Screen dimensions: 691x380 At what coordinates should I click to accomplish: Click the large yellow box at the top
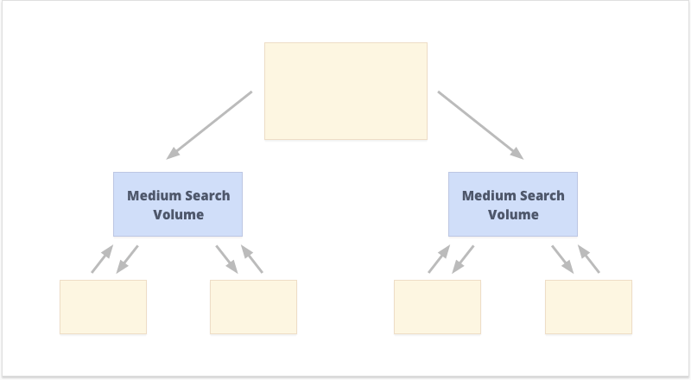click(x=346, y=92)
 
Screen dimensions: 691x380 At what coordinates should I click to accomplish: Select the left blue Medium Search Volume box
click(x=178, y=204)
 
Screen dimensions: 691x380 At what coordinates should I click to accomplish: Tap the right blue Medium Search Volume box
click(x=513, y=204)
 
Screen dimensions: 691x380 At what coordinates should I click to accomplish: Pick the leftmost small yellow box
click(x=103, y=307)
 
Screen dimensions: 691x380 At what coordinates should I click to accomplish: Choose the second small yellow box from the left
click(x=253, y=307)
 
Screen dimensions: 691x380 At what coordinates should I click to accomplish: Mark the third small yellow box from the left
click(x=438, y=307)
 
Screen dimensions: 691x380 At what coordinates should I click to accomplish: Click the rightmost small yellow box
click(x=589, y=307)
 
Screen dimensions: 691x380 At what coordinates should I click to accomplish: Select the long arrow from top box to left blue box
click(x=209, y=125)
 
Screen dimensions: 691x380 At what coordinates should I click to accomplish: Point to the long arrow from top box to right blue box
click(x=481, y=125)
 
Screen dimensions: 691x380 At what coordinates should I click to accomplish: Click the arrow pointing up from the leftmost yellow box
click(x=102, y=259)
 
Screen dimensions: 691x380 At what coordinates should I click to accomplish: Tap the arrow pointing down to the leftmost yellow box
click(x=127, y=259)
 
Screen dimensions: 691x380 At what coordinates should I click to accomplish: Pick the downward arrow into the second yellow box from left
click(x=227, y=259)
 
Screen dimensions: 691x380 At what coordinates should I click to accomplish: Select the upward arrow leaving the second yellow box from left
click(x=252, y=259)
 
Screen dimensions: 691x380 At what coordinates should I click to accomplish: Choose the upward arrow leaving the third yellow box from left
click(x=439, y=259)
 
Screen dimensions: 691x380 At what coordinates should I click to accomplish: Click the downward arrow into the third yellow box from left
click(x=463, y=259)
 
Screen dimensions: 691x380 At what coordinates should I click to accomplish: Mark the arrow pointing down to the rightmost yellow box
click(x=563, y=259)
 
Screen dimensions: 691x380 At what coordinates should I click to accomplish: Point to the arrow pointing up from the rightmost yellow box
click(x=589, y=259)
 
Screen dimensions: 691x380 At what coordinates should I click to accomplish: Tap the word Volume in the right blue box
click(x=513, y=215)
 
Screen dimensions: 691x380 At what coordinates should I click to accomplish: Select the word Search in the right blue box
click(x=542, y=196)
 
